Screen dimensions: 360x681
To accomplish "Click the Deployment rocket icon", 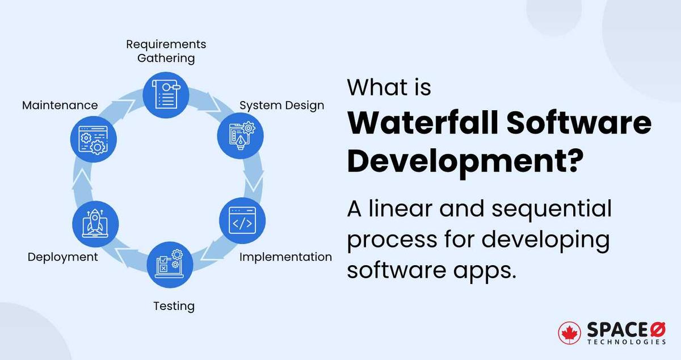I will (95, 222).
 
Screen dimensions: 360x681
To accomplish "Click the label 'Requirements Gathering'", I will (166, 51).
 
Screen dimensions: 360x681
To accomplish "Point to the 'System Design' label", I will (281, 106).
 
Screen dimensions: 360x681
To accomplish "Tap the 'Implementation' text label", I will (285, 257).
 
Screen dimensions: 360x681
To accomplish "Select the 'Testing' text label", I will (174, 306).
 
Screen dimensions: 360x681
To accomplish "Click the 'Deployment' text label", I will (62, 257).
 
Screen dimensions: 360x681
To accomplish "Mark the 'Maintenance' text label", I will (60, 106).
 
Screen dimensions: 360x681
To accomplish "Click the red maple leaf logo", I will (569, 333).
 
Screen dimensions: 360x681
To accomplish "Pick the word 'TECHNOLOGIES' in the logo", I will (626, 342).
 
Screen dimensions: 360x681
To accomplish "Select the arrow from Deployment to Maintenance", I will (82, 181).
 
